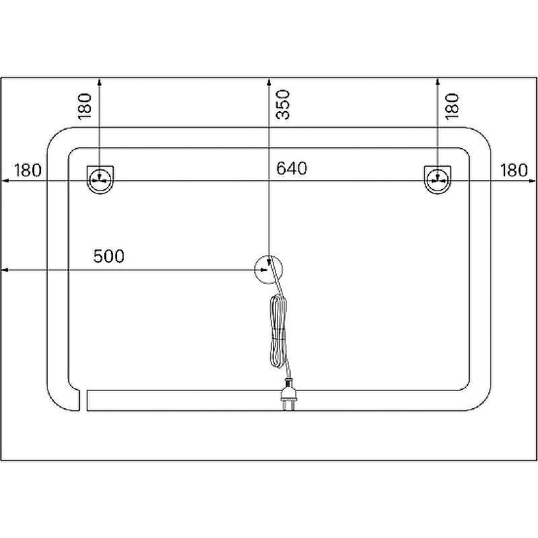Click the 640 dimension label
(292, 169)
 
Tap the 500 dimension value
(109, 256)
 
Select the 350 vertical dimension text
(282, 104)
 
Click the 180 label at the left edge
(27, 170)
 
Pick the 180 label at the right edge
(514, 170)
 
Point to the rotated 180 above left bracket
(85, 106)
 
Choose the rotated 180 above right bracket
(452, 106)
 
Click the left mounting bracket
(100, 180)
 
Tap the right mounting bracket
(438, 180)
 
